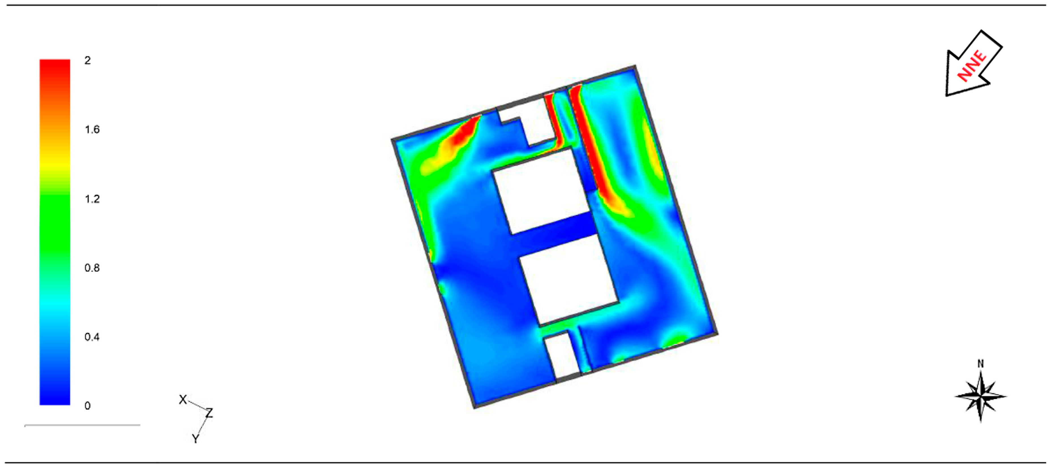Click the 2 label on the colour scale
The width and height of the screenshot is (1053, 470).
pos(87,61)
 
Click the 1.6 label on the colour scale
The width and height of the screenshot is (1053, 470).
pos(92,130)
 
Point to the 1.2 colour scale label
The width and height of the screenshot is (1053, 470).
pos(92,199)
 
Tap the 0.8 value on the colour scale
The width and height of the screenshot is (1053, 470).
pos(92,268)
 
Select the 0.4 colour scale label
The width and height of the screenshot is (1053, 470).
pos(92,337)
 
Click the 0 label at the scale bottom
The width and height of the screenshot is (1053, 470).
pos(87,406)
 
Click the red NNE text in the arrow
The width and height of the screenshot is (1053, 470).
pos(972,65)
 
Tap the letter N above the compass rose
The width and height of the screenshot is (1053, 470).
pos(981,363)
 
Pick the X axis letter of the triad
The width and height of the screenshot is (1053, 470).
pos(183,399)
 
